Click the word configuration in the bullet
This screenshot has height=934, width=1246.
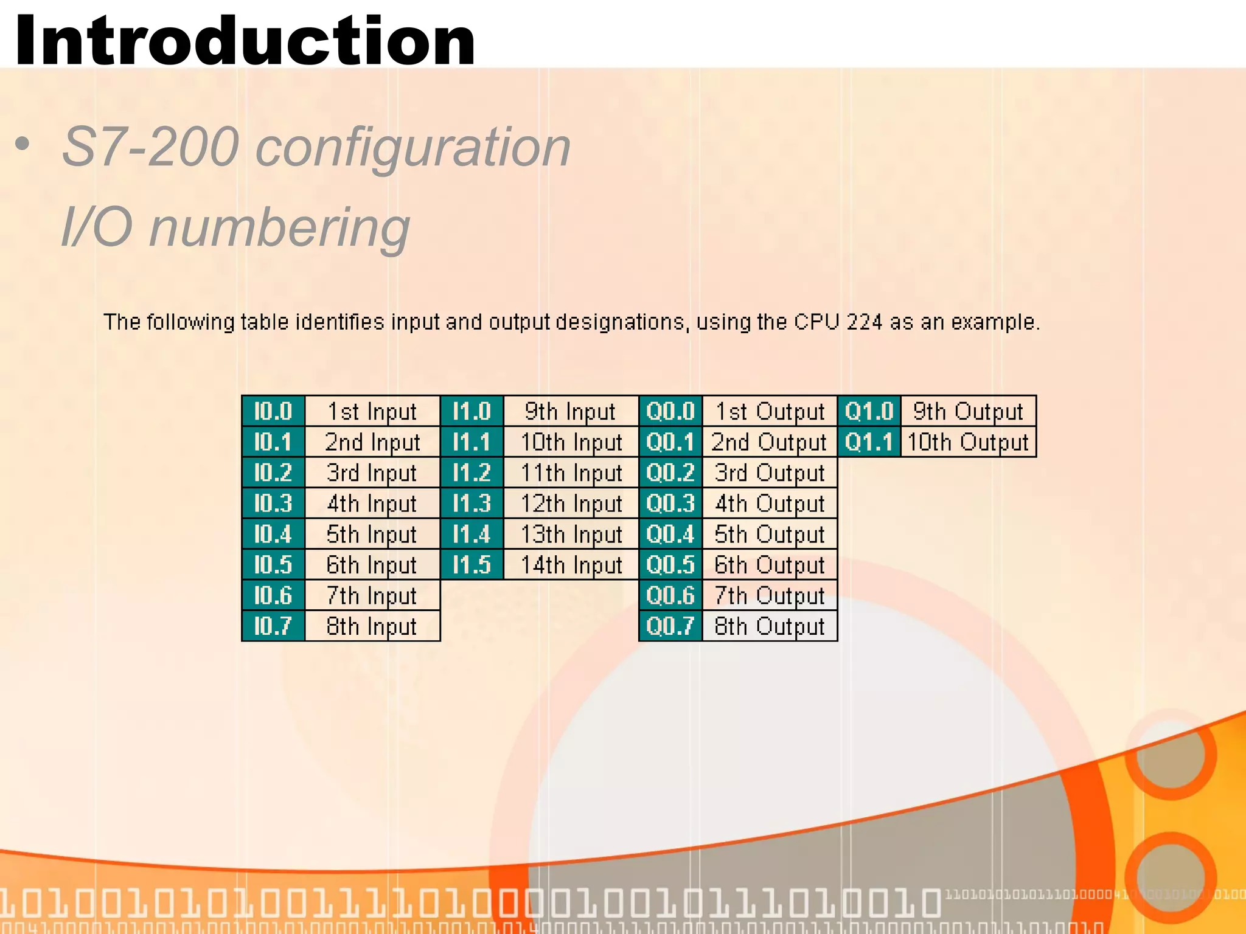click(413, 147)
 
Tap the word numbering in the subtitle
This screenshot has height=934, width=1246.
click(279, 227)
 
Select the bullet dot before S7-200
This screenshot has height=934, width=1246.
click(23, 144)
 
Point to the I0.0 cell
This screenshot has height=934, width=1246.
click(273, 412)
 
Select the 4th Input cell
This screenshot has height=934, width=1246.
click(372, 503)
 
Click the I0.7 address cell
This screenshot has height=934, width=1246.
click(273, 626)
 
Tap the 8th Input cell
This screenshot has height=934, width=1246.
click(372, 626)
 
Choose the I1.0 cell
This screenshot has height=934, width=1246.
click(472, 412)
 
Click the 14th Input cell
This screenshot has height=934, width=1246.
click(571, 565)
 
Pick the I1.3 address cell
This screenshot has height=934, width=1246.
click(472, 503)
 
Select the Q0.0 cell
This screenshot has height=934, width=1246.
click(670, 412)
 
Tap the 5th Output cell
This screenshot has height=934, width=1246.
click(770, 534)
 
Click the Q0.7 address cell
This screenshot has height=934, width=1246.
click(670, 626)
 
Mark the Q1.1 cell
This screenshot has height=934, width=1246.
click(869, 442)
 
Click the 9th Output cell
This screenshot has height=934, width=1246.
click(968, 412)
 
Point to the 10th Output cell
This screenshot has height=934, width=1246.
click(968, 442)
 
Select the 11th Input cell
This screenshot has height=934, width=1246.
click(571, 473)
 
